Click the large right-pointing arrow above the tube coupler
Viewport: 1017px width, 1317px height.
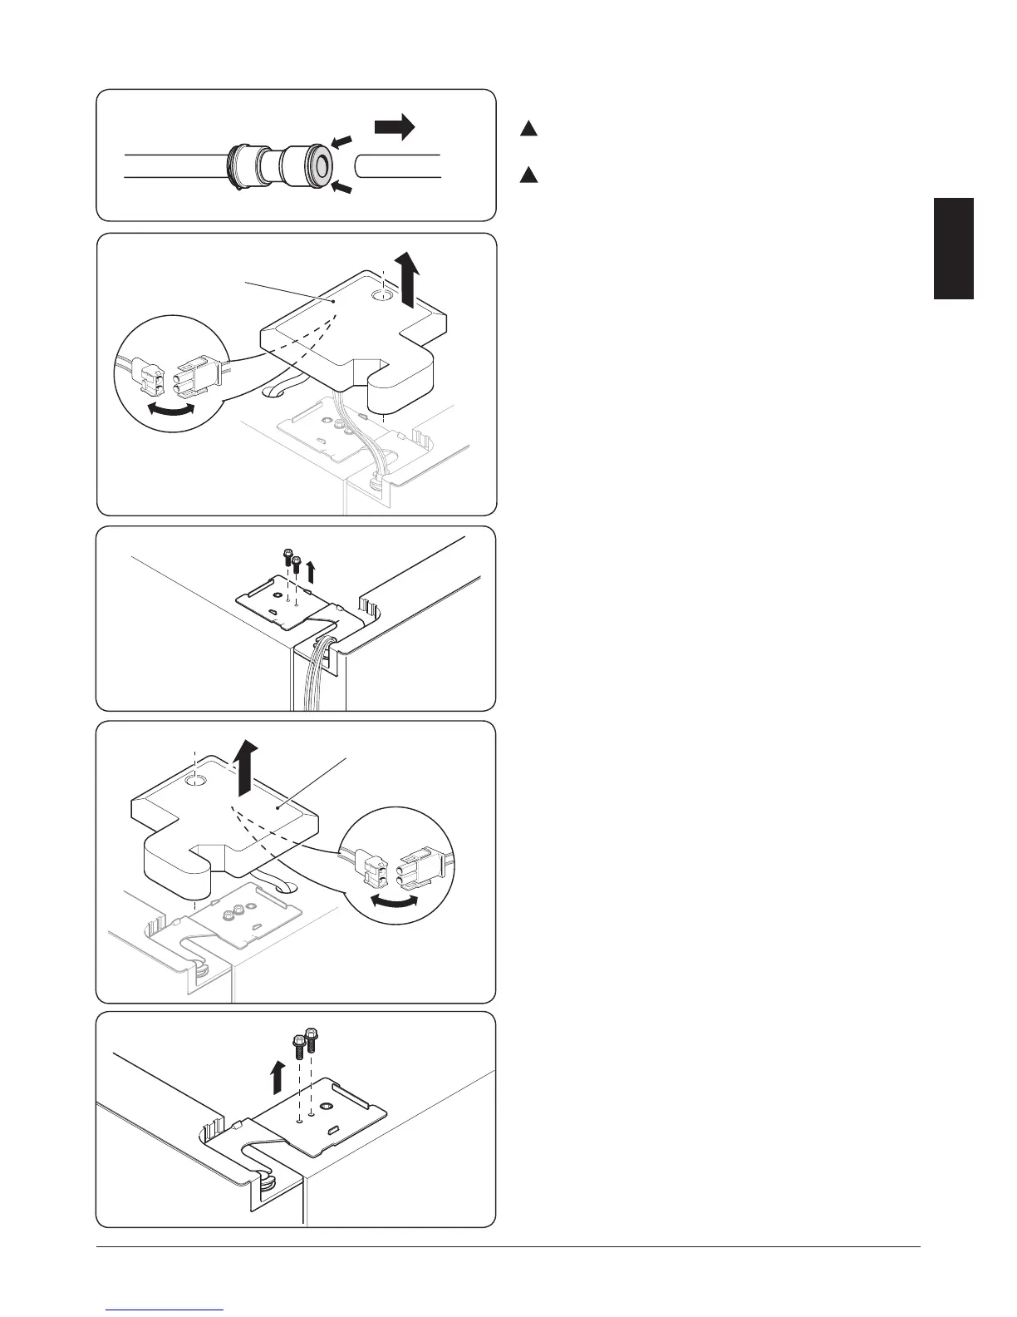[395, 127]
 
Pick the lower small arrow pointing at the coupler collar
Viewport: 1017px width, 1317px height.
[341, 189]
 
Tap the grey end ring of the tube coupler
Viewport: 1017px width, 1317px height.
[319, 165]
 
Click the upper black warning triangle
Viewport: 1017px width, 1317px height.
[529, 129]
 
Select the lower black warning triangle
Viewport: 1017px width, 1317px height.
[529, 175]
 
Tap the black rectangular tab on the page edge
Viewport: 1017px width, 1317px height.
[954, 248]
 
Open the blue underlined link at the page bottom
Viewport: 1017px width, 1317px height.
[166, 1310]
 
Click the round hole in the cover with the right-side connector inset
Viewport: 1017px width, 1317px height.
[197, 781]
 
